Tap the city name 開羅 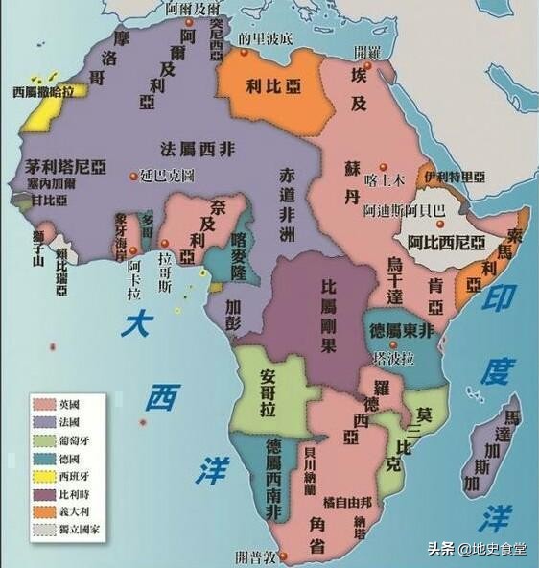point(366,50)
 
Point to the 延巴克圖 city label point(167,177)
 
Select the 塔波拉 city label point(394,357)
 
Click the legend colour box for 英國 point(41,404)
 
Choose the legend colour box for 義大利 point(41,509)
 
